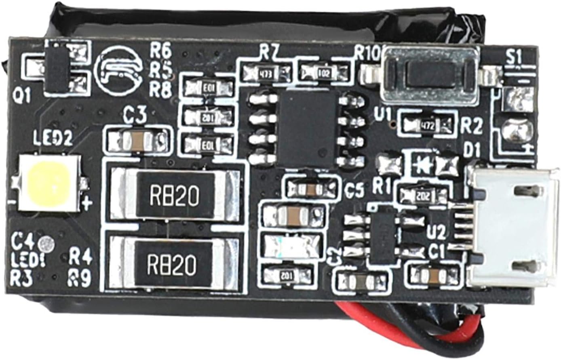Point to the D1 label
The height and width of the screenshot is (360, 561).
pos(471,151)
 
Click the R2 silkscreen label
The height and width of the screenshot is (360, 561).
pos(472,127)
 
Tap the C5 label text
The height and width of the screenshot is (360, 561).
pos(355,190)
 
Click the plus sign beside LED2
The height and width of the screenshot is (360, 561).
pos(87,204)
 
